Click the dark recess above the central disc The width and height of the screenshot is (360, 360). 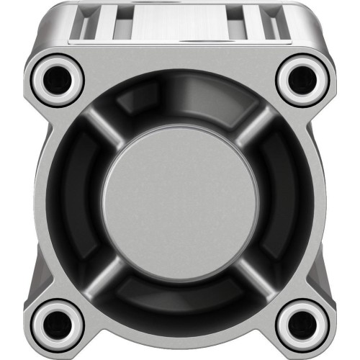(179, 101)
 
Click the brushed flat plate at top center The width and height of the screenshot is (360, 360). (179, 22)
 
